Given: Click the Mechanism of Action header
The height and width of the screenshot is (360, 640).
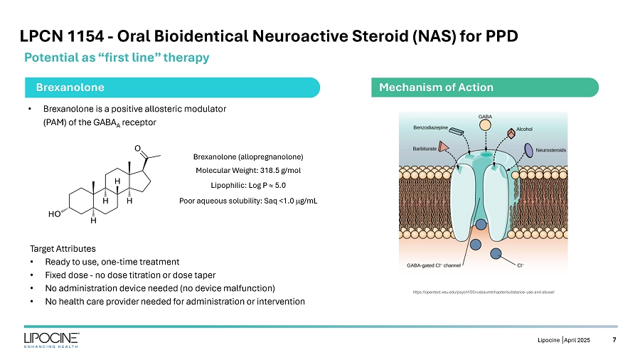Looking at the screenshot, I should tap(437, 87).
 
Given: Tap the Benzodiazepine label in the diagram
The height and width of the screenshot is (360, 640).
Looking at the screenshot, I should tap(430, 127).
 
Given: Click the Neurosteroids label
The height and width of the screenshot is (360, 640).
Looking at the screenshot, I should tap(550, 150).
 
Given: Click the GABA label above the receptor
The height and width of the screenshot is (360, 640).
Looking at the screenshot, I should tap(485, 116).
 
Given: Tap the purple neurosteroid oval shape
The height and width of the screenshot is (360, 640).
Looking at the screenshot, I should tap(529, 149).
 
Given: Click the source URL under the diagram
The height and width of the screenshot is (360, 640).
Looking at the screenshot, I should tap(484, 292).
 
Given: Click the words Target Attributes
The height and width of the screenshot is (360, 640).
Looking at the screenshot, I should tap(63, 249).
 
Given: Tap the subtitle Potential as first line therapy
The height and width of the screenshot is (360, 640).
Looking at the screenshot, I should tap(117, 58).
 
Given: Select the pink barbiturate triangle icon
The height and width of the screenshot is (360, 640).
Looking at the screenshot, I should tap(443, 147).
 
